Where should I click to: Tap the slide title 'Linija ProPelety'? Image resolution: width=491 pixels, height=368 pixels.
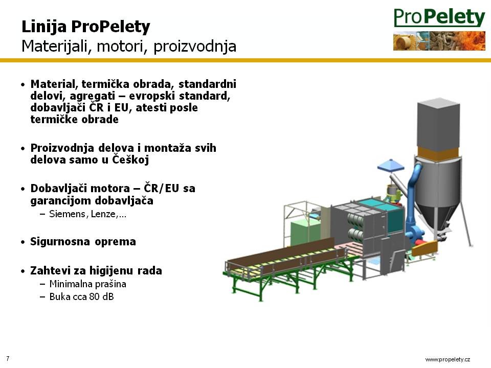click(86, 27)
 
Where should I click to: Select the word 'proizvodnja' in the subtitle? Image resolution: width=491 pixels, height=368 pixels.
click(195, 47)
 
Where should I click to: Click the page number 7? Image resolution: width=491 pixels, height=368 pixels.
click(8, 358)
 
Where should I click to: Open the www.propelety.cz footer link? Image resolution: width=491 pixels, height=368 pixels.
click(448, 359)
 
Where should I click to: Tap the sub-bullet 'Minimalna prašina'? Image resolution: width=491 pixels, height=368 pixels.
click(87, 284)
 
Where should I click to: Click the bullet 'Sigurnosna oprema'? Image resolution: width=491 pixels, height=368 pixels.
click(83, 242)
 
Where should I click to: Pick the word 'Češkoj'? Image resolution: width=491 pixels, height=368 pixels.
click(130, 159)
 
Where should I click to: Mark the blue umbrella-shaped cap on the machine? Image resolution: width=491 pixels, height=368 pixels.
click(391, 165)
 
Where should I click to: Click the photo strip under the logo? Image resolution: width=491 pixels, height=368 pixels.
click(439, 41)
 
